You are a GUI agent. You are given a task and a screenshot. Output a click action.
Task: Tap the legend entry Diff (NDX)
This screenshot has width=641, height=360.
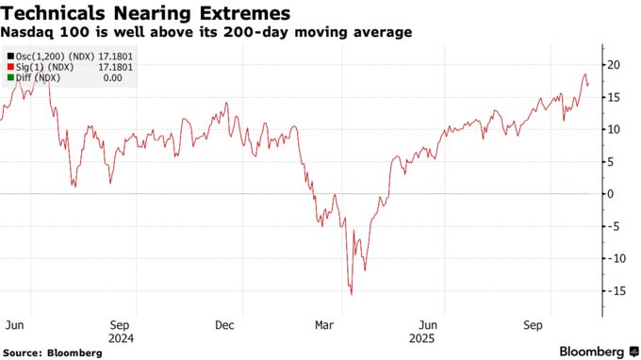pos(38,78)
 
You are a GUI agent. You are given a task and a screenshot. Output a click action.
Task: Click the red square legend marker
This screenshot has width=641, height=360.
pos(8,68)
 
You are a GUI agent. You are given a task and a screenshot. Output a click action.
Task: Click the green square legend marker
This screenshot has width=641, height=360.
pos(8,78)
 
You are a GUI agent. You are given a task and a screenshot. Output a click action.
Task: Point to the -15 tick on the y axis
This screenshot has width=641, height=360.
pos(612,291)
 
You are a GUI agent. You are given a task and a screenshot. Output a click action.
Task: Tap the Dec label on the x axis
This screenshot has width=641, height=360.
pos(225,324)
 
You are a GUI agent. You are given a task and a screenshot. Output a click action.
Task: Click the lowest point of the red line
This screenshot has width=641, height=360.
pos(352,295)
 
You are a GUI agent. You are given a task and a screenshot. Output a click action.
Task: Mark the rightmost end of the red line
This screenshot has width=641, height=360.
pos(589,84)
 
